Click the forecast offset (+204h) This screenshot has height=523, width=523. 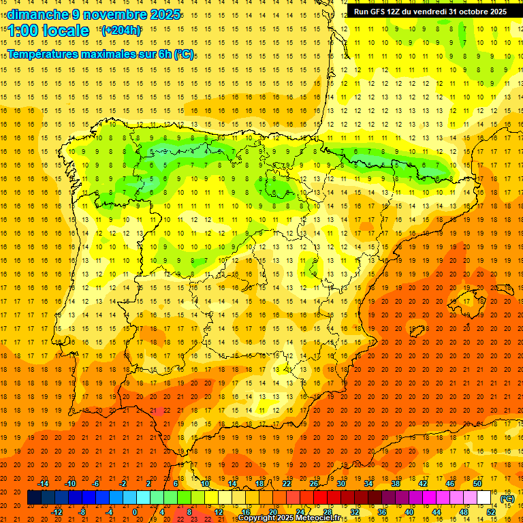tap(121, 31)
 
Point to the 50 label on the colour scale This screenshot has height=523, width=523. tap(477, 484)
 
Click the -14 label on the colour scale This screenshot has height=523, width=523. tap(43, 484)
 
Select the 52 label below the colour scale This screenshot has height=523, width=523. tap(491, 511)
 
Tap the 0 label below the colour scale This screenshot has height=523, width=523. tap(135, 511)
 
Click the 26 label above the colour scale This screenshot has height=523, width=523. tap(314, 484)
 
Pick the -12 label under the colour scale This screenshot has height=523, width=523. tap(57, 511)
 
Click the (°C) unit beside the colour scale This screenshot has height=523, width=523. tap(507, 498)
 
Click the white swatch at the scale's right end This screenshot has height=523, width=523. tap(484, 498)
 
